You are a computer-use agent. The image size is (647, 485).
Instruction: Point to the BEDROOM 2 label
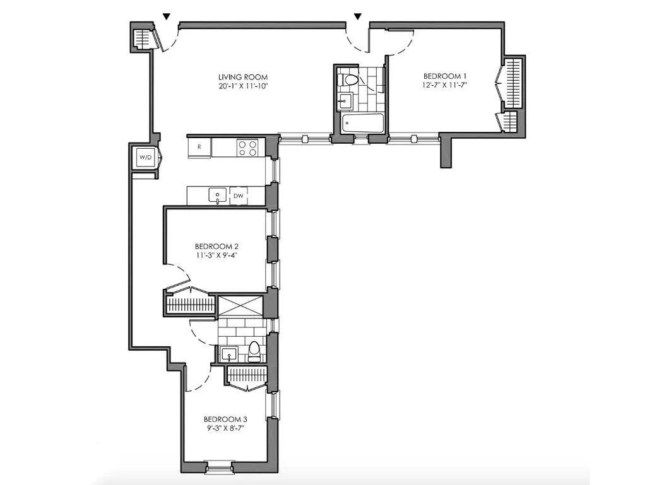217,246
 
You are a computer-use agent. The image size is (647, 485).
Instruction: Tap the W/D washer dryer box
145,157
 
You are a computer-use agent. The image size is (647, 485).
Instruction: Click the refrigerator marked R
199,147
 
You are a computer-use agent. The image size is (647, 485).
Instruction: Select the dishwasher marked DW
239,196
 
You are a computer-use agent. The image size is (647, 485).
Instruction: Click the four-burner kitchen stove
247,148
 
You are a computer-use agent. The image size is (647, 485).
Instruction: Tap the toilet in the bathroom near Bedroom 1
348,81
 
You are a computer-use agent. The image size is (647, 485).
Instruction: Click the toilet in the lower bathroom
254,351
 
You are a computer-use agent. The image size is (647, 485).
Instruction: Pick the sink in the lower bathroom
228,354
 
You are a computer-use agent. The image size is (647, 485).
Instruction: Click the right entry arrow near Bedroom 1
358,16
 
